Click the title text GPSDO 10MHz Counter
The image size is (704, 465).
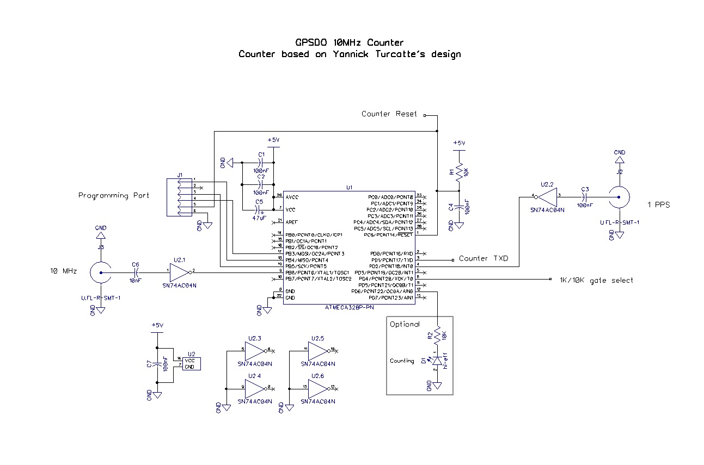pyautogui.click(x=349, y=42)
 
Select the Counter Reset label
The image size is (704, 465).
pyautogui.click(x=389, y=114)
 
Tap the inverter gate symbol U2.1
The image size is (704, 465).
pyautogui.click(x=179, y=270)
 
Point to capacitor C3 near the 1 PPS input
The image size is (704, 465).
pyautogui.click(x=585, y=197)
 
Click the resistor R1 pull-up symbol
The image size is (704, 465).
pyautogui.click(x=459, y=173)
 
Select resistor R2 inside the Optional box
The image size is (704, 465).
pyautogui.click(x=438, y=336)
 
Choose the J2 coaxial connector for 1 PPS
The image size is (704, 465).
pyautogui.click(x=620, y=196)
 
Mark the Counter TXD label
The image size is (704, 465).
pyautogui.click(x=483, y=259)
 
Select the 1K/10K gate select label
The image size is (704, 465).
pyautogui.click(x=596, y=280)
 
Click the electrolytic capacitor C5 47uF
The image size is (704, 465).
pyautogui.click(x=259, y=209)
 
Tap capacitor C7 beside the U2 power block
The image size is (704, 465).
pyautogui.click(x=157, y=364)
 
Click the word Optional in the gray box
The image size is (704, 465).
pyautogui.click(x=405, y=324)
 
